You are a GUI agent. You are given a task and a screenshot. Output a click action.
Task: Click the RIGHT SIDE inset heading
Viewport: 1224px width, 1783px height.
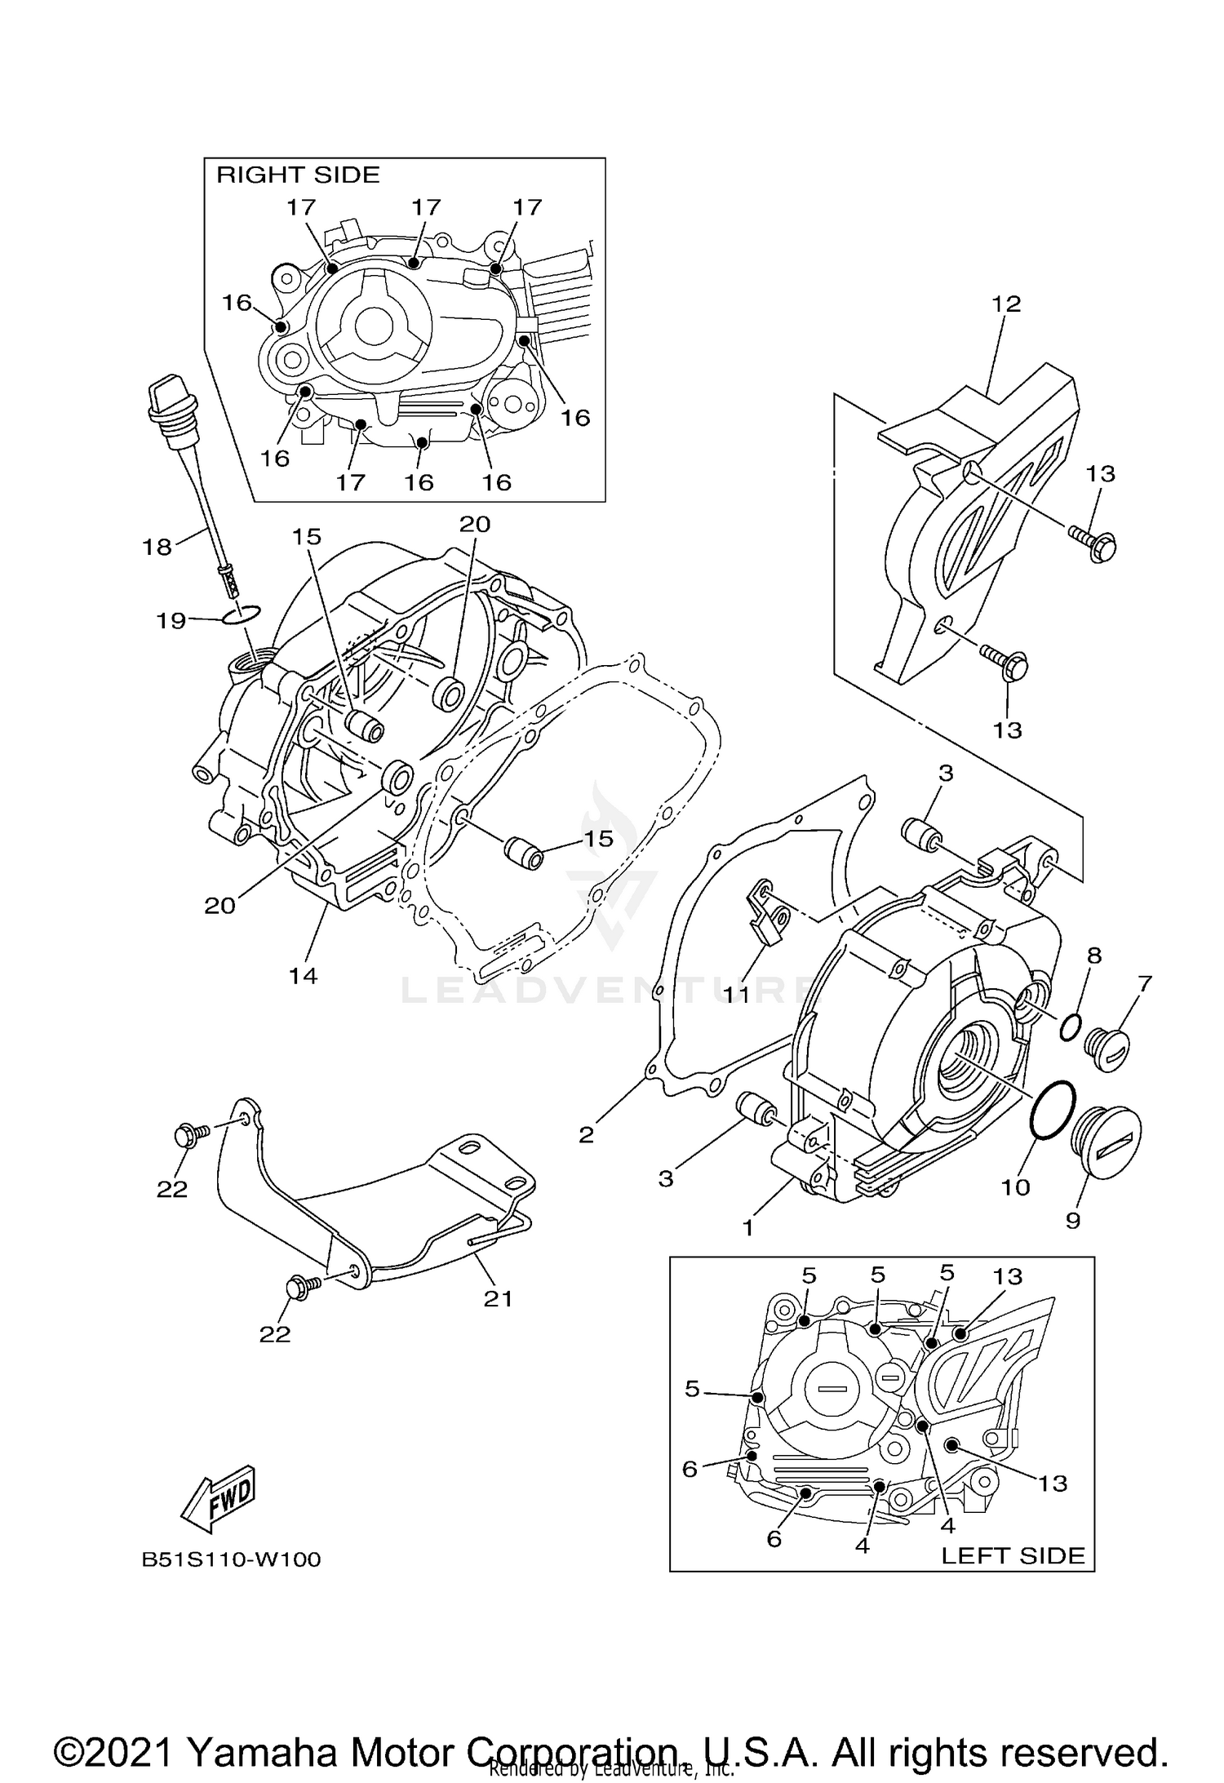[x=298, y=175]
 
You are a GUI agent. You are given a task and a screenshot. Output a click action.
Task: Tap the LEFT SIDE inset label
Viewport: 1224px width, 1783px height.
[x=1013, y=1555]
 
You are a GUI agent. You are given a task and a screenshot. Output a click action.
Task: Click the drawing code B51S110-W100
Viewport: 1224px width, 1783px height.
[x=232, y=1559]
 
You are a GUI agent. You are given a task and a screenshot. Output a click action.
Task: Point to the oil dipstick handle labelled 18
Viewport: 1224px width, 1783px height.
[x=168, y=401]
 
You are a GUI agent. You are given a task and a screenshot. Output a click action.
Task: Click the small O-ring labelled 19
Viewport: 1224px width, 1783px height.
[x=242, y=614]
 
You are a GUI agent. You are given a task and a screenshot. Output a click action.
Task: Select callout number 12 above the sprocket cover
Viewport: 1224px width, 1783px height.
[x=1006, y=304]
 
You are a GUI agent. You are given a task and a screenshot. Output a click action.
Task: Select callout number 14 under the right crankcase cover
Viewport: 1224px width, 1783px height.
[x=303, y=975]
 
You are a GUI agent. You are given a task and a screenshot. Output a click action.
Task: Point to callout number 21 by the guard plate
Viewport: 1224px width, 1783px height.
[x=498, y=1298]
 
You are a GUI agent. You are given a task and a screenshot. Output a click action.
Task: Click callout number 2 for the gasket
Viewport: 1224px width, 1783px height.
[x=587, y=1135]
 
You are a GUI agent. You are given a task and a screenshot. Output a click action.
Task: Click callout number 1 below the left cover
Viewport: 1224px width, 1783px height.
[x=748, y=1227]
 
